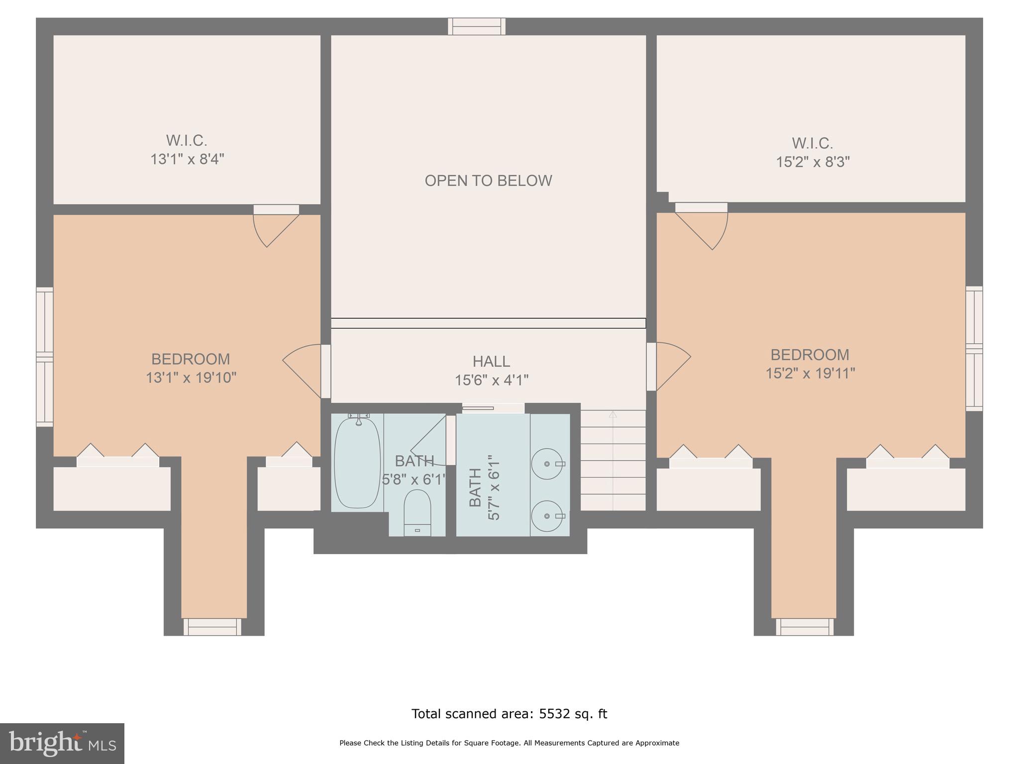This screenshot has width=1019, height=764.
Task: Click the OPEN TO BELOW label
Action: click(488, 181)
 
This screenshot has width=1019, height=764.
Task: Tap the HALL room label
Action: click(491, 361)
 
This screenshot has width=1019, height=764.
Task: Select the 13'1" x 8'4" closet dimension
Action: click(187, 160)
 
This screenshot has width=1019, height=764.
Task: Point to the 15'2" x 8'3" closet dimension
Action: click(813, 162)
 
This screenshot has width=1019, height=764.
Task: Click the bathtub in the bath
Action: click(357, 463)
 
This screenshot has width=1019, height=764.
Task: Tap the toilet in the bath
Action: click(417, 512)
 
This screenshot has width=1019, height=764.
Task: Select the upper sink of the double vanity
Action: click(547, 464)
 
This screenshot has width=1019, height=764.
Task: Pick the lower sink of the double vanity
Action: click(547, 516)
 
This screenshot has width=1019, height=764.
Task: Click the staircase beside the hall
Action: click(613, 460)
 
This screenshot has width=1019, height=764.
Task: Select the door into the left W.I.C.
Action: click(275, 226)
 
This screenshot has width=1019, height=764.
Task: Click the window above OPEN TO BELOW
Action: click(477, 26)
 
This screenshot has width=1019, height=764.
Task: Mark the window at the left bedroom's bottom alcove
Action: click(212, 627)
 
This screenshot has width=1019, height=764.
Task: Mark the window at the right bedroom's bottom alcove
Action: click(805, 627)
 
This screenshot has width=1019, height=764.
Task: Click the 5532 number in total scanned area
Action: click(553, 714)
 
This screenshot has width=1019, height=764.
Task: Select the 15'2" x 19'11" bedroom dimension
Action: click(810, 374)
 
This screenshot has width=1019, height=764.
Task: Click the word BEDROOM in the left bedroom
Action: click(191, 359)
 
